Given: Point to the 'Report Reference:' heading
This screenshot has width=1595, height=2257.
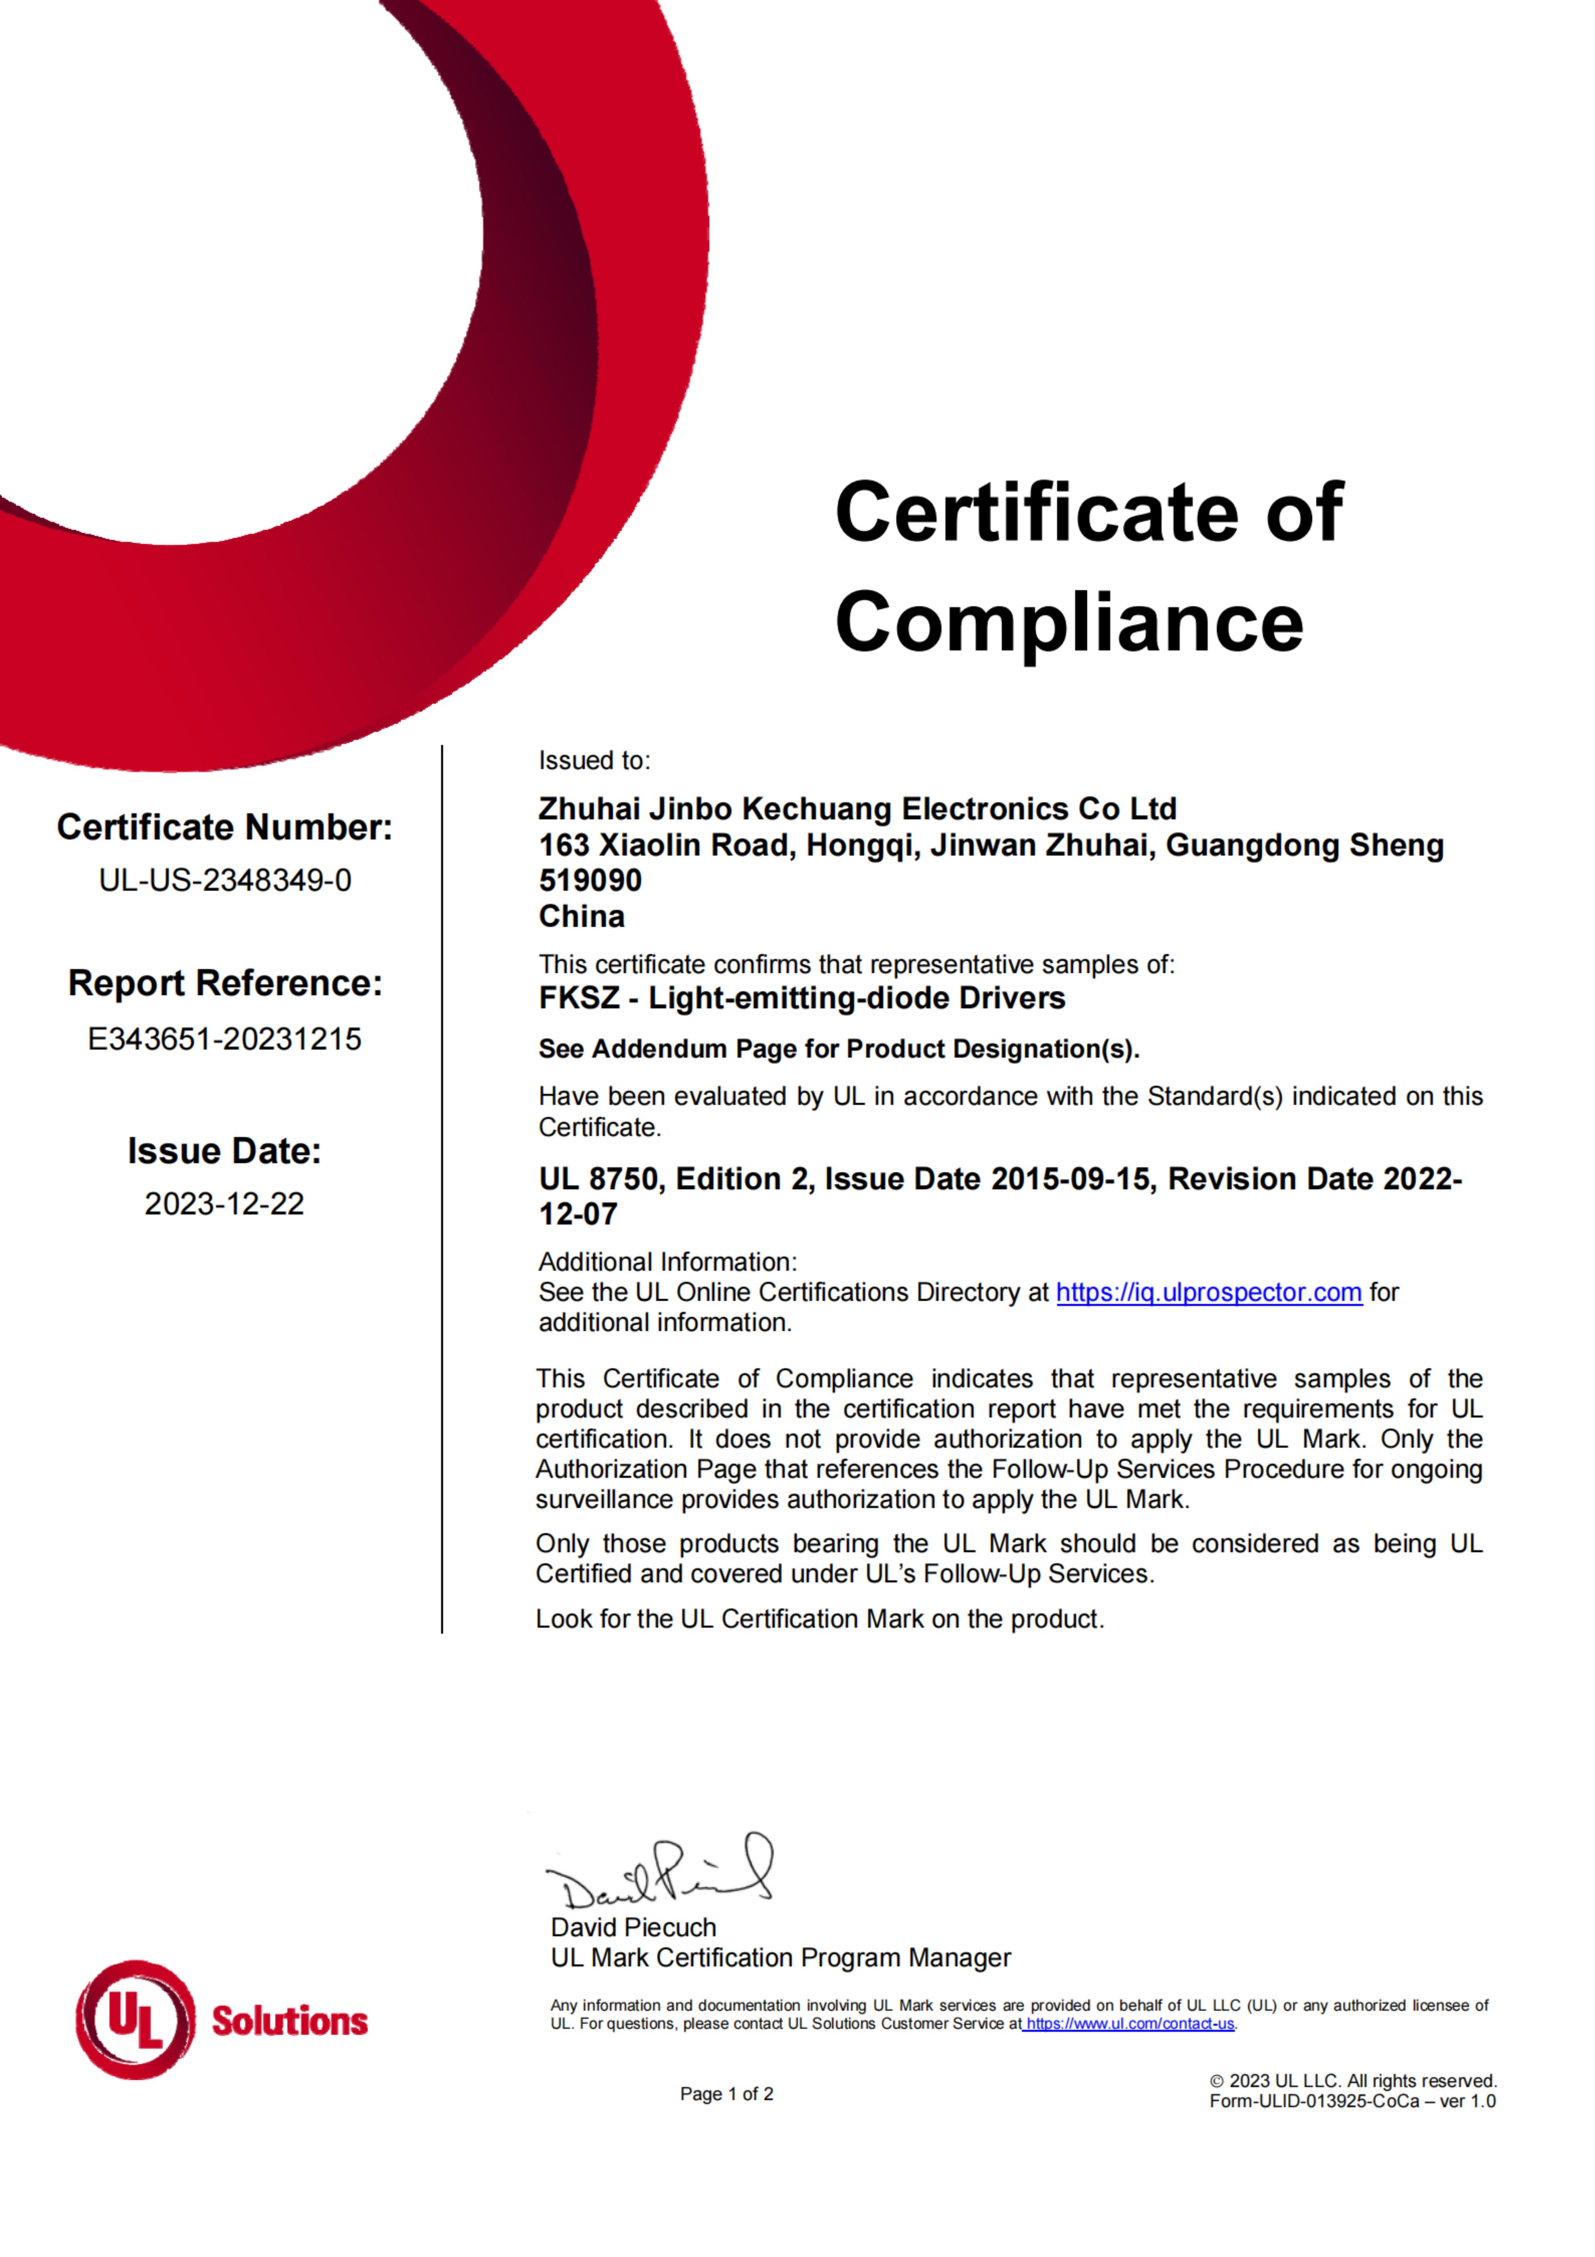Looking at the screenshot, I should [x=225, y=983].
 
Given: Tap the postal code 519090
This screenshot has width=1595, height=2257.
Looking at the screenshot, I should [x=590, y=881].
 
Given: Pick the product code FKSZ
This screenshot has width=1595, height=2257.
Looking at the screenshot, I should [x=579, y=999].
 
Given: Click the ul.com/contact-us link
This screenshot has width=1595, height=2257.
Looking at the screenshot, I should [x=1129, y=2024].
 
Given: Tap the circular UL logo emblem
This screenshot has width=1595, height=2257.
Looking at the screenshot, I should [x=135, y=2021].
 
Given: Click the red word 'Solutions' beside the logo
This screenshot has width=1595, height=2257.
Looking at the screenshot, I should [x=290, y=2022].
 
